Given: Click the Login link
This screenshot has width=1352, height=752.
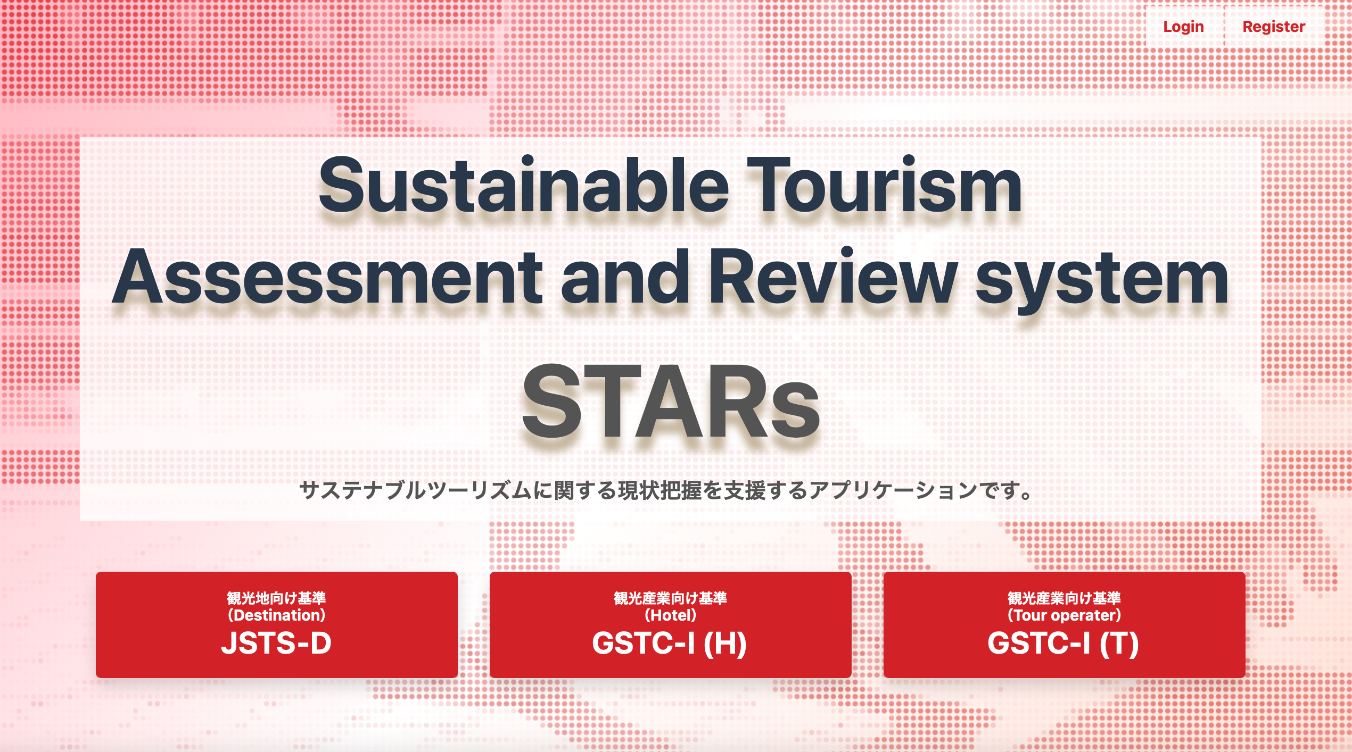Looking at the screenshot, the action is (1183, 27).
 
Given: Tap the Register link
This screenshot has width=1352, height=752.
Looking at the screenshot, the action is (1274, 27).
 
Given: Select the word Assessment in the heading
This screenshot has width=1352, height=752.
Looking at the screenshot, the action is (327, 277).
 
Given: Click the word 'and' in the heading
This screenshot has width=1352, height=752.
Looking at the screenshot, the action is (625, 277).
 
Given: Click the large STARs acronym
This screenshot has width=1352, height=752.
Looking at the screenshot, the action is (671, 402).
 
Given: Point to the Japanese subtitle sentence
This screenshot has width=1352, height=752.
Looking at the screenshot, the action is (667, 490).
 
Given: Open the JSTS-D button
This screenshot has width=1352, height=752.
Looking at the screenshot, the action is (277, 624).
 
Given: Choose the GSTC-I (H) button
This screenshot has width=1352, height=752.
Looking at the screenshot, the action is (671, 624).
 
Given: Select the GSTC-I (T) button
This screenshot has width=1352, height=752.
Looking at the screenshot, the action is (1065, 624).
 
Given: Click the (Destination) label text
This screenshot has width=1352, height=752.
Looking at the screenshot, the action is (277, 615).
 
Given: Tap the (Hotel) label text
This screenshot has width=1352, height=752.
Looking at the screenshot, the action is (671, 615).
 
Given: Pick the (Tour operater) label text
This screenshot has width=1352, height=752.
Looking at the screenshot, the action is (1065, 615).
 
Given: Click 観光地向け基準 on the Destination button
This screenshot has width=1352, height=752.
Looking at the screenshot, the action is (277, 598).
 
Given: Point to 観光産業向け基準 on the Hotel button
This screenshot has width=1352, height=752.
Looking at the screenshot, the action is (671, 598).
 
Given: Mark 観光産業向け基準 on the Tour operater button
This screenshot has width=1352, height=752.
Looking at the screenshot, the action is (1065, 598).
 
